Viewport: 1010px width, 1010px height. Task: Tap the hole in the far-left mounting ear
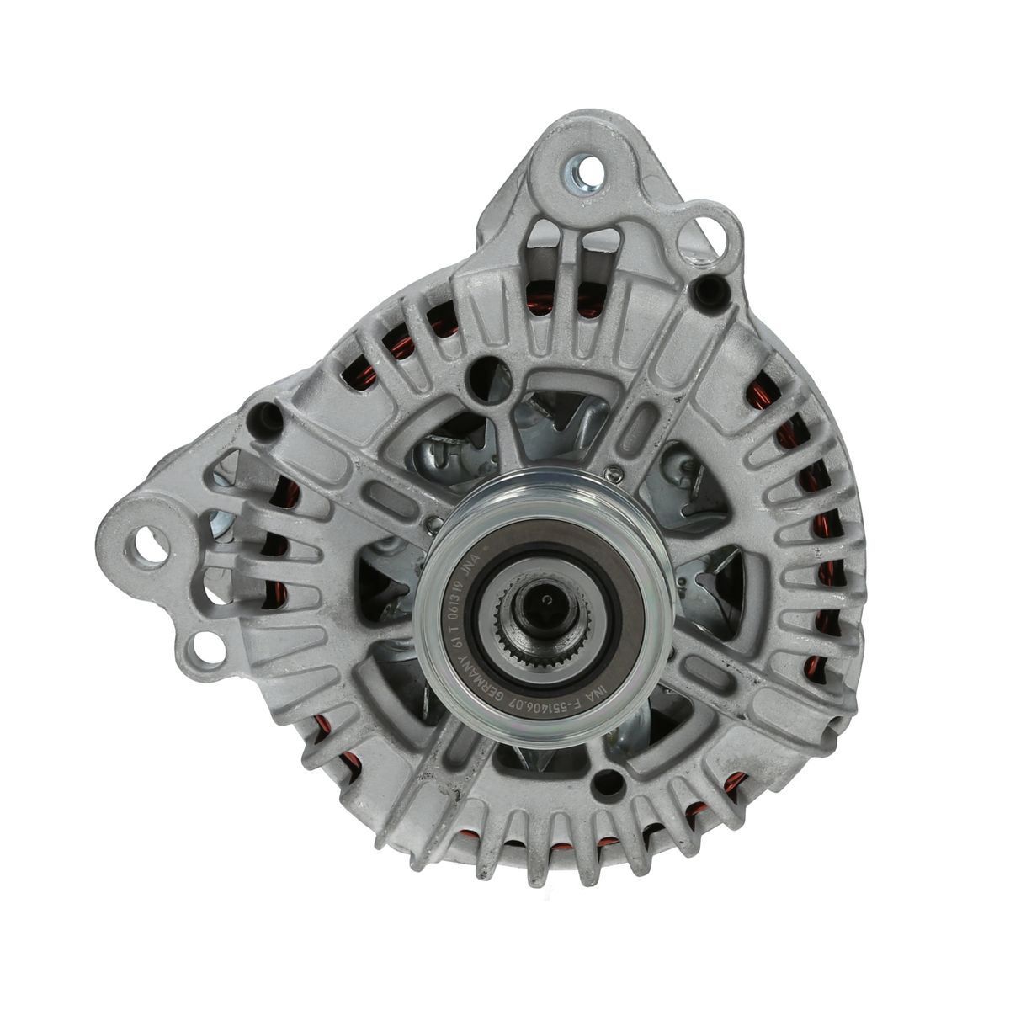click(x=152, y=536)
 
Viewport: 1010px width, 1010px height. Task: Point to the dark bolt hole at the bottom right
click(x=603, y=788)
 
